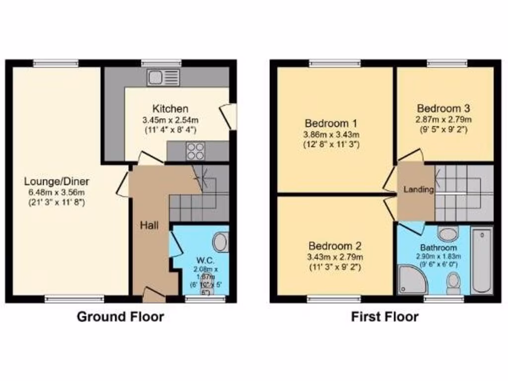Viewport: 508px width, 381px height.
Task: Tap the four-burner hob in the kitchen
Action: [196, 151]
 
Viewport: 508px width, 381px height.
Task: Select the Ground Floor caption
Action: [120, 317]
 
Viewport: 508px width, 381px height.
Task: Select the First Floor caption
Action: [385, 317]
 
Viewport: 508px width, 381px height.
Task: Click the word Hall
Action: [149, 226]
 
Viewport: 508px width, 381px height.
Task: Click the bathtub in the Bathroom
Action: [481, 260]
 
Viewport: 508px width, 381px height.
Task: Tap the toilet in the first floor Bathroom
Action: [453, 284]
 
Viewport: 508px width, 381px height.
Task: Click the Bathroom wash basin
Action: [449, 233]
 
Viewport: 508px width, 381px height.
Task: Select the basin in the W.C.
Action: [220, 243]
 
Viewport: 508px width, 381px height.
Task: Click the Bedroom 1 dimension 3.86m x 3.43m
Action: [331, 134]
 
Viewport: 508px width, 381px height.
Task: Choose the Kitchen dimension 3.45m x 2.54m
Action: [170, 120]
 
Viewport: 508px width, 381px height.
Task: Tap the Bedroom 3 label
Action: [444, 108]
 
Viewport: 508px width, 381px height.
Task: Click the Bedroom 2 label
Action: [335, 246]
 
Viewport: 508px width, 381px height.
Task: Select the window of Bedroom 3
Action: [447, 63]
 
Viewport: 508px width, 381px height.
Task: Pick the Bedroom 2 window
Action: [333, 299]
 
